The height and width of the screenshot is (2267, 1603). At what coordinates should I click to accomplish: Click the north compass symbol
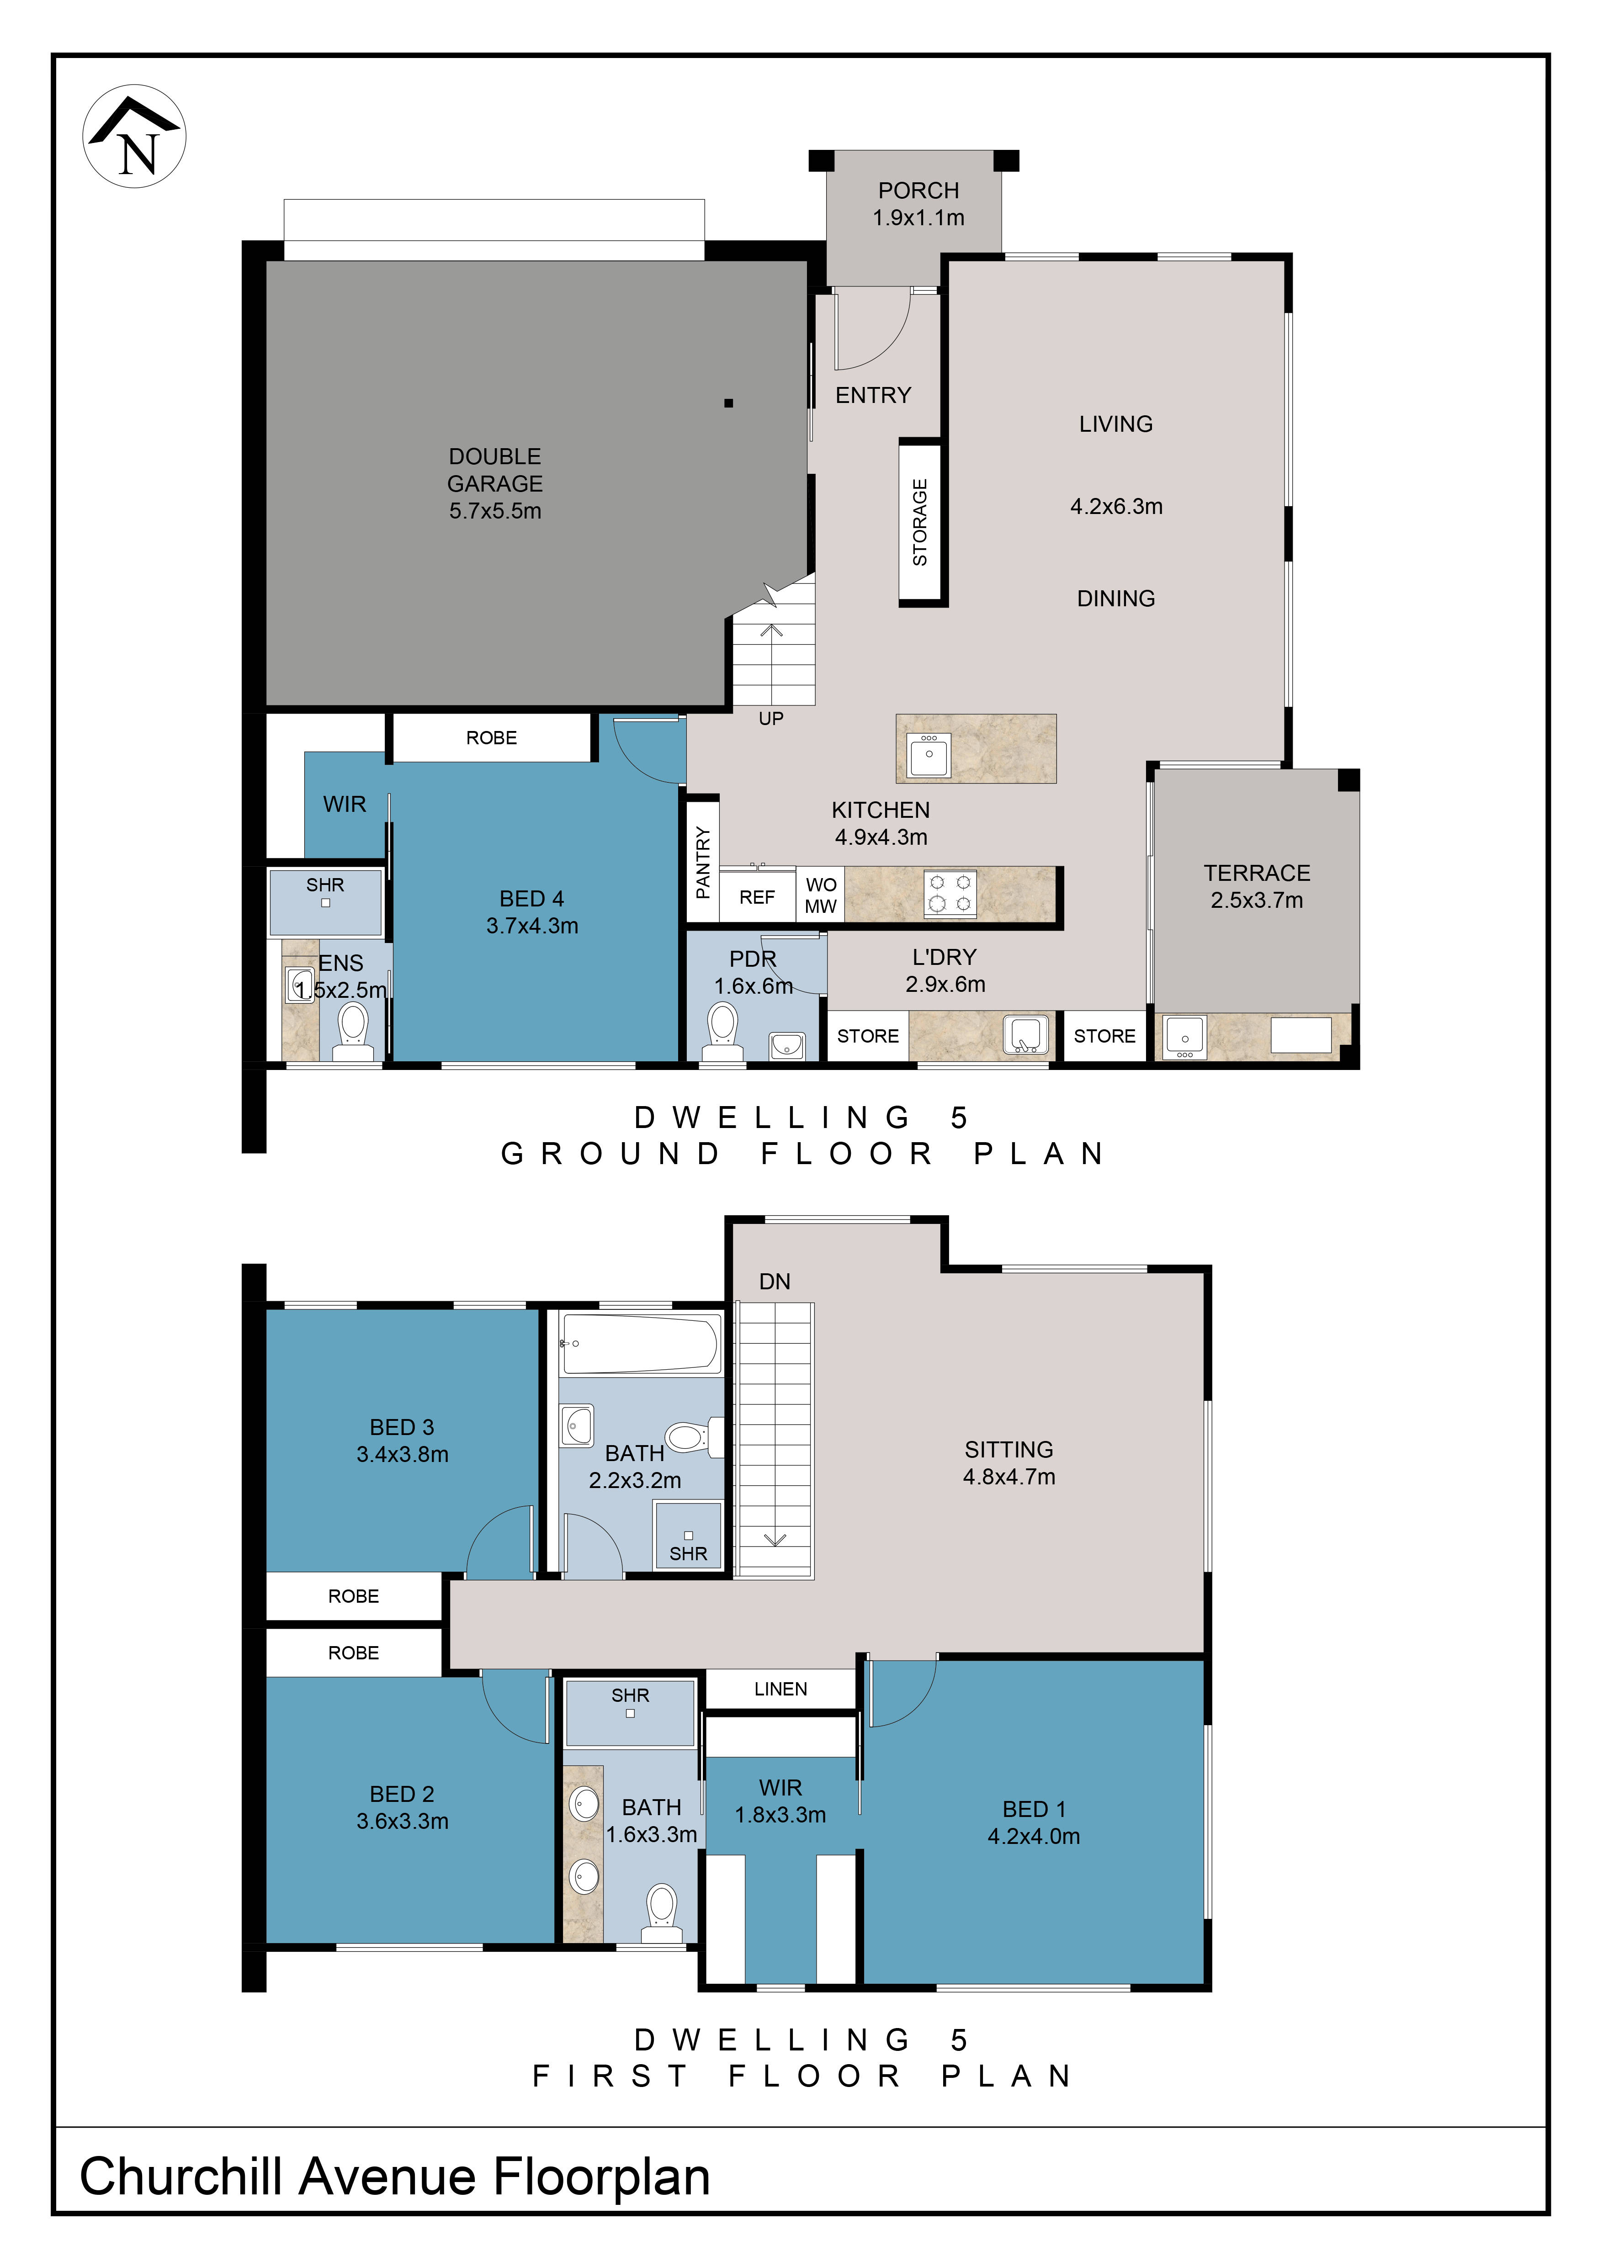click(134, 136)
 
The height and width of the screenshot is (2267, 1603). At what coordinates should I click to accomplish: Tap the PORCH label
click(918, 191)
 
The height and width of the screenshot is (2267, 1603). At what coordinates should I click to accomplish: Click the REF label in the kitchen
click(757, 897)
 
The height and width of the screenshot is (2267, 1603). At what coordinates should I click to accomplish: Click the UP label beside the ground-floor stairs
click(771, 719)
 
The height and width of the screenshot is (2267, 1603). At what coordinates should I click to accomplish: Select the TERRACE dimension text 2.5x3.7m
click(1256, 900)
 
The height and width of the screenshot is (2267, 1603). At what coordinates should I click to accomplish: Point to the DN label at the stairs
click(775, 1282)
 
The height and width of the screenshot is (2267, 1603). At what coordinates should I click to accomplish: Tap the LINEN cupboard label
click(780, 1690)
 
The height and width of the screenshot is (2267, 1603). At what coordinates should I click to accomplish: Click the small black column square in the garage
click(729, 403)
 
